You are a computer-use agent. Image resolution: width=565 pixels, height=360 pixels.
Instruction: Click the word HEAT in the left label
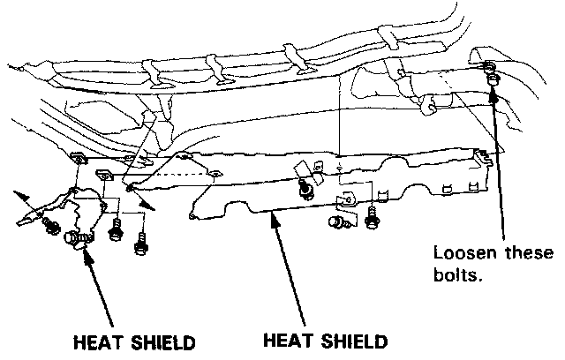[96, 341]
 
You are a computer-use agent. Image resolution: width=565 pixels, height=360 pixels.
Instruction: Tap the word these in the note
[524, 252]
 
